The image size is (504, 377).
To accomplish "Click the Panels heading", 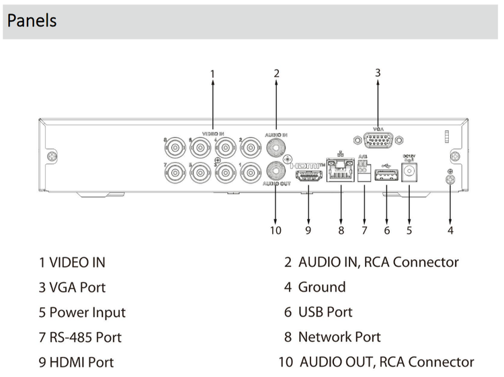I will point(32,20).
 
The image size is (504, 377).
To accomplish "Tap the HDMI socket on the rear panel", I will point(308,176).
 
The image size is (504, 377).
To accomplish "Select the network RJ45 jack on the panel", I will point(341,172).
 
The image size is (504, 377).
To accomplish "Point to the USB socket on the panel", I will point(387,175).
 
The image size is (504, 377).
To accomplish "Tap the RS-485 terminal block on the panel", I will point(364,173).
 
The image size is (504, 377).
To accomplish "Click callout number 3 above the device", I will point(378,72).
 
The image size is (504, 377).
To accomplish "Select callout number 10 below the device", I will point(276,231).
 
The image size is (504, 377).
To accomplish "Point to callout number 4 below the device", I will point(450,231).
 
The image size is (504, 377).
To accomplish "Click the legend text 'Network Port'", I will point(339,337).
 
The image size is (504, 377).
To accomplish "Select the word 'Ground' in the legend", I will point(322,288).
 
